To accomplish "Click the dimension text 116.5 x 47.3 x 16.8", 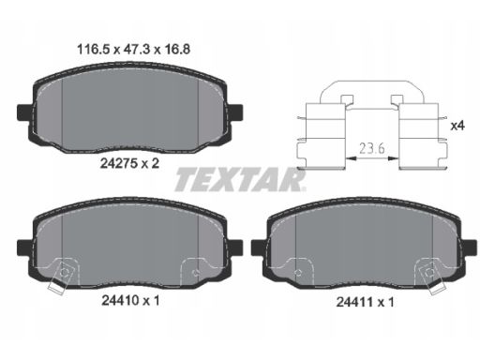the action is pos(133,50).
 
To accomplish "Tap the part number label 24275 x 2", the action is pos(129,163).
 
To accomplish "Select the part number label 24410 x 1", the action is pos(130,301).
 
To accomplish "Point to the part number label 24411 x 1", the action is pos(365,302).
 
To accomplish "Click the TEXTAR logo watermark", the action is pos(240,179).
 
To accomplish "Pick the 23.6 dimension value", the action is pos(372,148).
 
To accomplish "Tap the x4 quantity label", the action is pos(457,126).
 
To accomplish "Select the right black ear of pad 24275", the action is pos(234,112).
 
